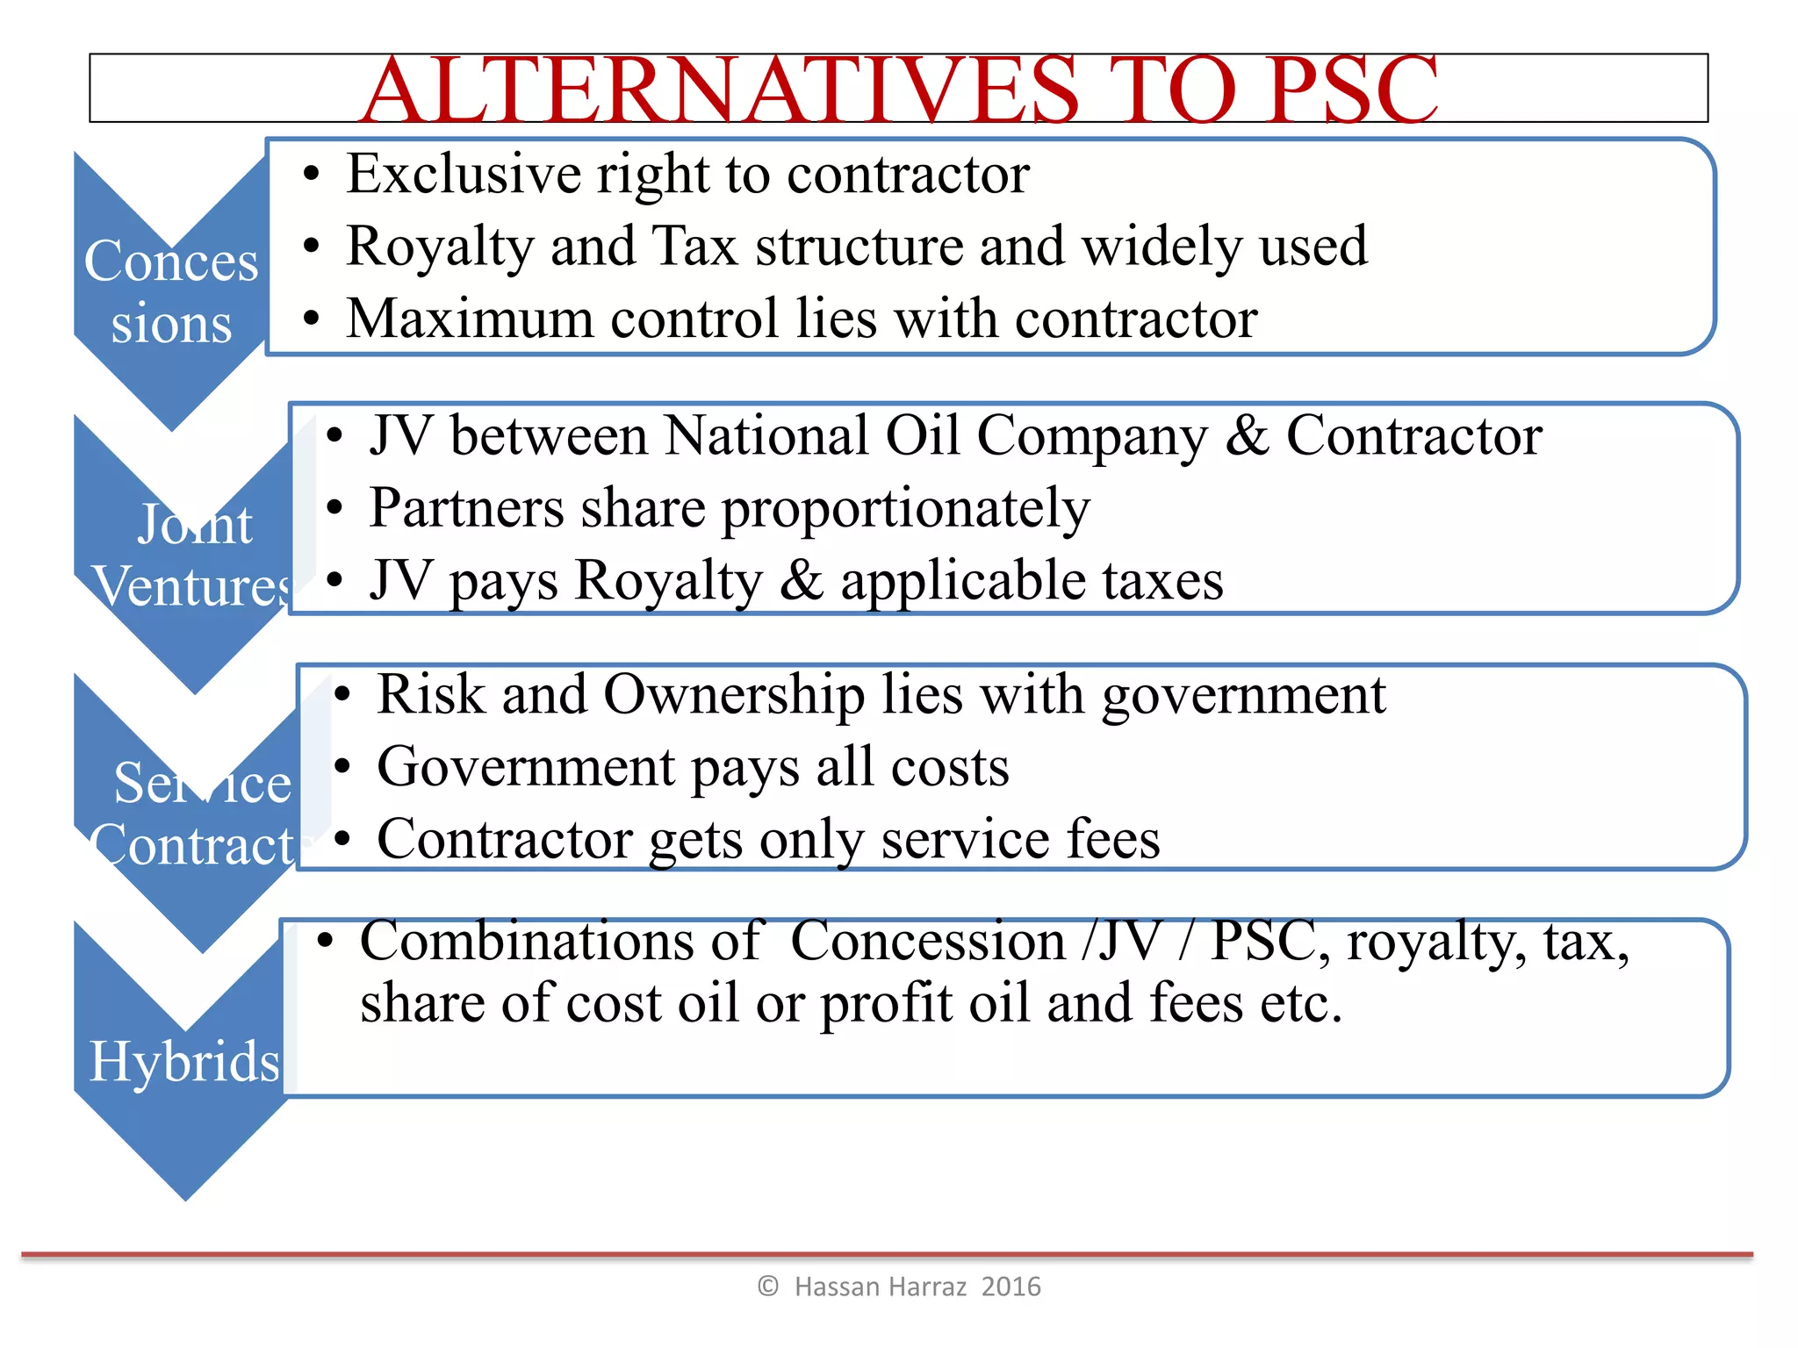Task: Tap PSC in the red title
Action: point(1352,90)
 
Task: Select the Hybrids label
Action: point(184,1061)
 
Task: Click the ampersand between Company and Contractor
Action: point(1247,435)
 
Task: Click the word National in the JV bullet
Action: point(764,435)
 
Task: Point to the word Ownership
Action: point(734,695)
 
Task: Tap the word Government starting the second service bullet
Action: point(525,767)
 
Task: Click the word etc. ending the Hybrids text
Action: point(1301,1003)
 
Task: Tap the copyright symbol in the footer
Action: point(768,1287)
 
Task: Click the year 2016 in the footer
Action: point(1010,1287)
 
